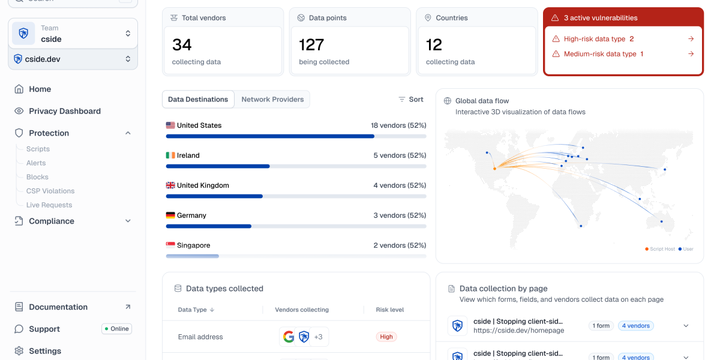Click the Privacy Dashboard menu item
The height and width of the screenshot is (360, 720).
tap(64, 111)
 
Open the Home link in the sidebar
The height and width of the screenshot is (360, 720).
tap(40, 89)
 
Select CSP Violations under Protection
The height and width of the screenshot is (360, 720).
tap(50, 191)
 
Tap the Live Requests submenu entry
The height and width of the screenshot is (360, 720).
tap(49, 205)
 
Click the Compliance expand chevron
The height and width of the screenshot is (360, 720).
tap(128, 221)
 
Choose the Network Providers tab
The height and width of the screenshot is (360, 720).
tap(272, 100)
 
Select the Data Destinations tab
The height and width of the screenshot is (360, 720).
tap(198, 100)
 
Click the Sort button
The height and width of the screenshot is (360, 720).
tap(411, 100)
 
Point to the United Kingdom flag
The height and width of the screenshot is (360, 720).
tap(170, 185)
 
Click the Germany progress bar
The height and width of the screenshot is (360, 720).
tap(296, 226)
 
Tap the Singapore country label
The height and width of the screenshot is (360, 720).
tap(193, 245)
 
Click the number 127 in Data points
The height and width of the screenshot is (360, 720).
tap(311, 45)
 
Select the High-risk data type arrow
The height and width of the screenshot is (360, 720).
tap(691, 39)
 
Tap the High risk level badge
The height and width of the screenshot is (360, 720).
tap(386, 337)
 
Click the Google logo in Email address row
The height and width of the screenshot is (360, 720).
tap(289, 337)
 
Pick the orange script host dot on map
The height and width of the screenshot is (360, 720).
tap(494, 169)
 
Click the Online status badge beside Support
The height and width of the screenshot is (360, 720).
tap(116, 329)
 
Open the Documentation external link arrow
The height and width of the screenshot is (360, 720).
tap(128, 307)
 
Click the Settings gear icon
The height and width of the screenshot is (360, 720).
tap(19, 351)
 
